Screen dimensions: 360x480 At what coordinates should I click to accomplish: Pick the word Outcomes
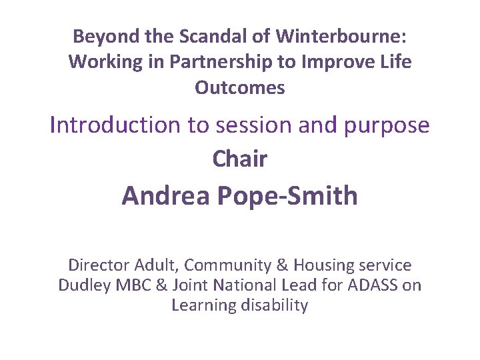[240, 88]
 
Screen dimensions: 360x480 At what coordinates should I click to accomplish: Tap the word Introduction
[114, 125]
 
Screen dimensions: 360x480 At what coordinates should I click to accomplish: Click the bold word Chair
[240, 159]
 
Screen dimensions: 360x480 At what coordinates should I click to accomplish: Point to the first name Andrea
[164, 196]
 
